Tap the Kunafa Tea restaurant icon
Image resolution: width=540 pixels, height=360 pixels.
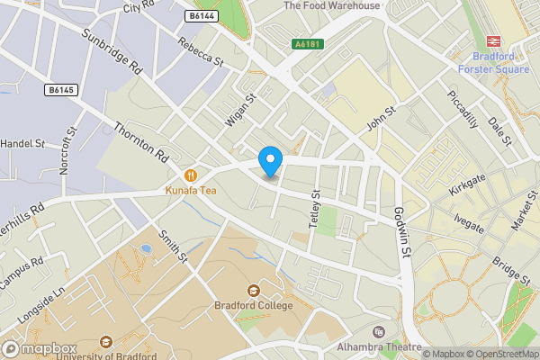[x=190, y=175]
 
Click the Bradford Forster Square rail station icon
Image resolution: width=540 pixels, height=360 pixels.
[x=493, y=40]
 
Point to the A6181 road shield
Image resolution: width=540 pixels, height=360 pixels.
[x=308, y=42]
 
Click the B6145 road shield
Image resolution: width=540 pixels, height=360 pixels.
[x=61, y=90]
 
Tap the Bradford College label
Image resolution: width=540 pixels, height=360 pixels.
[x=254, y=306]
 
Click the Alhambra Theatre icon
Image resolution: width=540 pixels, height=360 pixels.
[x=377, y=332]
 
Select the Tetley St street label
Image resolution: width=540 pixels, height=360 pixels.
[x=315, y=208]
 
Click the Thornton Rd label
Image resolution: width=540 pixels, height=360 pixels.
[x=142, y=144]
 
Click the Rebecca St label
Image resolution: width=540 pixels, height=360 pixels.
[x=200, y=52]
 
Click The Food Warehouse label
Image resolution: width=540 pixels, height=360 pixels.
[x=331, y=5]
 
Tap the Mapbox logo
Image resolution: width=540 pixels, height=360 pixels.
[x=39, y=348]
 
